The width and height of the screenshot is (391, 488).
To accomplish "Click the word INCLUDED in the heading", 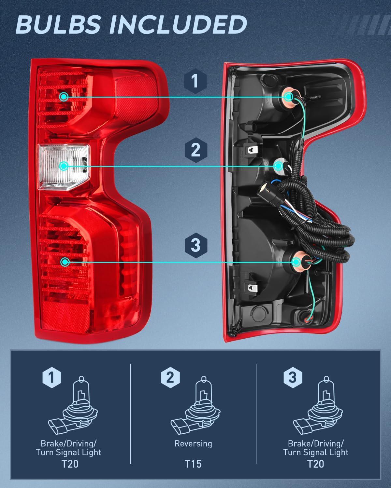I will point(176,25).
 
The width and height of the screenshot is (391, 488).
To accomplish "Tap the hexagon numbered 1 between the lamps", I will point(195,81).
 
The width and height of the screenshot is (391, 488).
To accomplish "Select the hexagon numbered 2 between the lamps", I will point(195,150).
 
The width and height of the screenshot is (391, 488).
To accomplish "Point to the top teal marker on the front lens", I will point(64,96).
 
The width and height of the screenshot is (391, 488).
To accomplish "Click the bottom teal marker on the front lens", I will point(65,262).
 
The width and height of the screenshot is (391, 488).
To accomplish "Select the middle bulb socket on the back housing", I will point(279,166).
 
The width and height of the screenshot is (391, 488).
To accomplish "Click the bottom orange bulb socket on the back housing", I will point(297,262).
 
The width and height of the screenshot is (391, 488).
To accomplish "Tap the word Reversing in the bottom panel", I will point(193,444).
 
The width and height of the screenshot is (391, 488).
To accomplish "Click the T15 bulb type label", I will point(193,464).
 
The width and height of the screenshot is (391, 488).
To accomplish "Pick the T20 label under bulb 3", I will point(316,464).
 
